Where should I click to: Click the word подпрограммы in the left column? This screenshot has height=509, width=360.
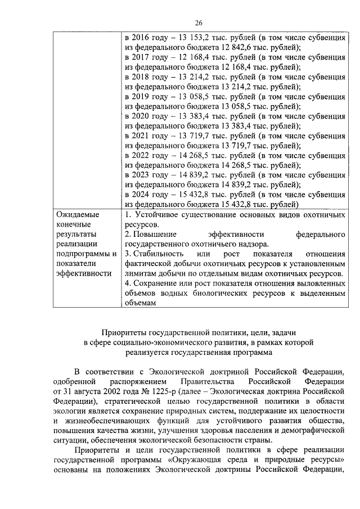[82, 254]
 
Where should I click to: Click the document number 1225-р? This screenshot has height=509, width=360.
[161, 389]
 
